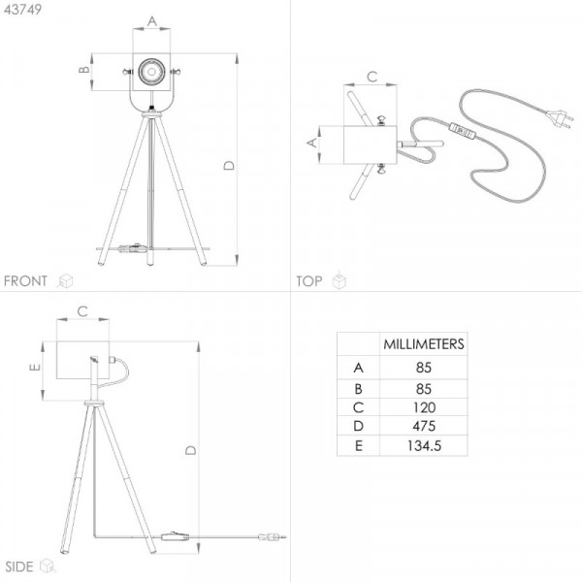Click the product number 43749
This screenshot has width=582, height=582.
click(23, 10)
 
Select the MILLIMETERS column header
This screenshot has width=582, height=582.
click(424, 344)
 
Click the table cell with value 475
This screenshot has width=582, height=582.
click(424, 426)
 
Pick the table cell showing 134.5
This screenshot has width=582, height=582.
click(424, 445)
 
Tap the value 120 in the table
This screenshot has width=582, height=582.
click(424, 407)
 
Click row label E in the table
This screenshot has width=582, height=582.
click(359, 445)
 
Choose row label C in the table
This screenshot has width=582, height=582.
click(358, 407)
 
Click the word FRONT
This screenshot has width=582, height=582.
click(25, 281)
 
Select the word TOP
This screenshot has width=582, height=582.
click(308, 281)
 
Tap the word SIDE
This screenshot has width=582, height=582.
click(19, 566)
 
